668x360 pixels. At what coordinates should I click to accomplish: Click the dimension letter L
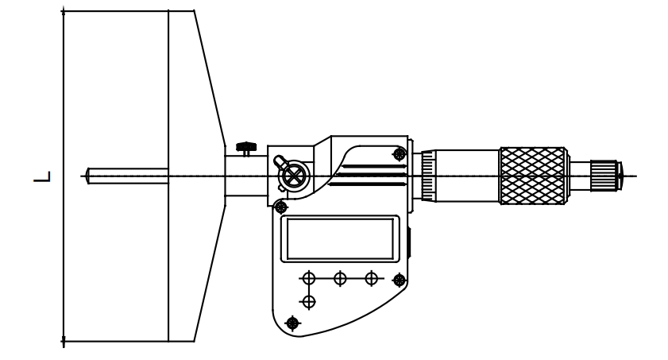point(42,176)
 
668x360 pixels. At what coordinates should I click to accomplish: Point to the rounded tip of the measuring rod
point(87,176)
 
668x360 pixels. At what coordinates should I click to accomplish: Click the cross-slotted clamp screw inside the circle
point(294,176)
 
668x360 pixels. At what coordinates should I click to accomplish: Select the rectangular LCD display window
point(340,238)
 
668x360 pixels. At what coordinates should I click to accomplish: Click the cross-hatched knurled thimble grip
point(533,176)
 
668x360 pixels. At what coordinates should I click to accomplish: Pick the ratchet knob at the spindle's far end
point(604,176)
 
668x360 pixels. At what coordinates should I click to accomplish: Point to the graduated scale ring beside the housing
point(427,176)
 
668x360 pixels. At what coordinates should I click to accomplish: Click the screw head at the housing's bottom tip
point(292,323)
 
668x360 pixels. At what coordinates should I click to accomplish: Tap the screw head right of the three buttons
point(400,280)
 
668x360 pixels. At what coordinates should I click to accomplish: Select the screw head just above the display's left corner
point(280,207)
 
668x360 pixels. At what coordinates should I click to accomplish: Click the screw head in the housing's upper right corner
point(400,154)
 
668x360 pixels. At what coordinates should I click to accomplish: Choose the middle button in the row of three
point(339,279)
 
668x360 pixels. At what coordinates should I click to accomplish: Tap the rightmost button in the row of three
point(372,279)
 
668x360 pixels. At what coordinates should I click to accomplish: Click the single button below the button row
point(308,302)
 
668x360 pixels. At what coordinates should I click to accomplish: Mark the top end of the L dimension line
point(64,11)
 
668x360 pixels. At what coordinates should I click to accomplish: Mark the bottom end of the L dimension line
point(64,341)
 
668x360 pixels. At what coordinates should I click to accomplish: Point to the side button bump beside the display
point(409,242)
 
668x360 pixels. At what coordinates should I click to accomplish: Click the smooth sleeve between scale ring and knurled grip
point(467,176)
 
